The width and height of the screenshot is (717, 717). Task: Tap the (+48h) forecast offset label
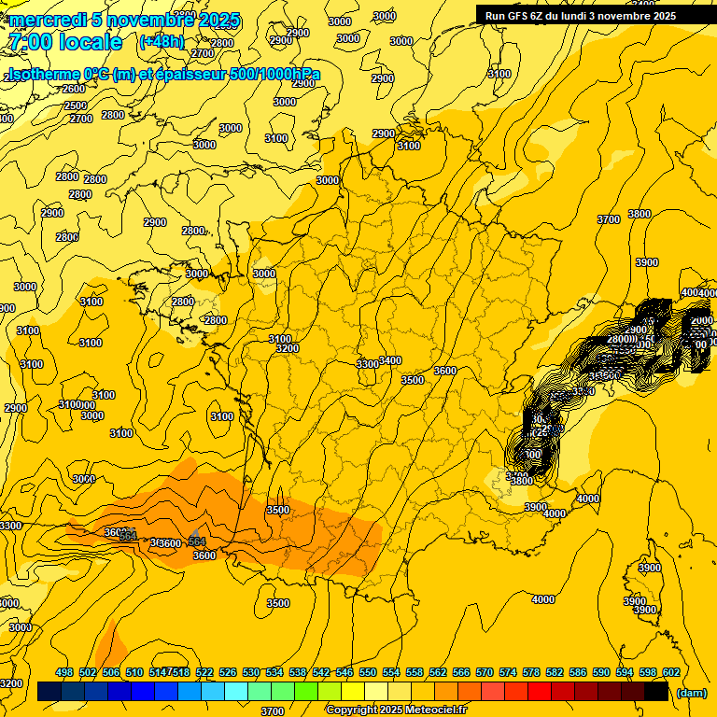coord(162,42)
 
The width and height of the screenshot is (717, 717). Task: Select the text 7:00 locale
coord(64,42)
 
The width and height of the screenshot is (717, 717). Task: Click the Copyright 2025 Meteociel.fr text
coord(396,710)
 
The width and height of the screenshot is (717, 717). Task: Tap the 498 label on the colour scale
coord(64,673)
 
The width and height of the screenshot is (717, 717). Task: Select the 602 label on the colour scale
coord(670,673)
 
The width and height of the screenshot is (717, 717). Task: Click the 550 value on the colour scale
coord(368,673)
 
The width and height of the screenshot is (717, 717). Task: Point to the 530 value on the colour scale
coord(251,673)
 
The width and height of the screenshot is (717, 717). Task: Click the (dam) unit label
coord(692,693)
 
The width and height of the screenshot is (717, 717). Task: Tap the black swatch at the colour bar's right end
coord(656,692)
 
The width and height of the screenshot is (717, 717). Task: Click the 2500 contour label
coord(76,105)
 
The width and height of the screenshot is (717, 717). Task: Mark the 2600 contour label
coord(73,89)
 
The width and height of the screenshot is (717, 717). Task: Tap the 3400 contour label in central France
coord(390,360)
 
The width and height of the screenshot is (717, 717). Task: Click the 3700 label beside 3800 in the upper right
coord(609,219)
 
